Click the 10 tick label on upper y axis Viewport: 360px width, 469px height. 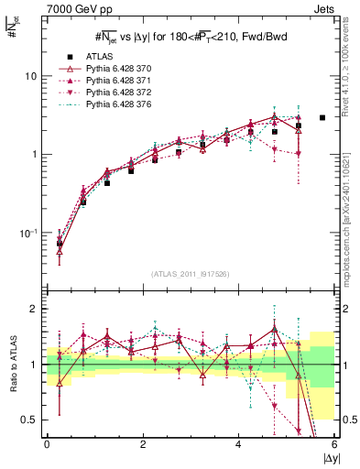(31, 76)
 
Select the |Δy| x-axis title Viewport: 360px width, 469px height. (326, 459)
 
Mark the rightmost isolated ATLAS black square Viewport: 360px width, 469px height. (322, 117)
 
